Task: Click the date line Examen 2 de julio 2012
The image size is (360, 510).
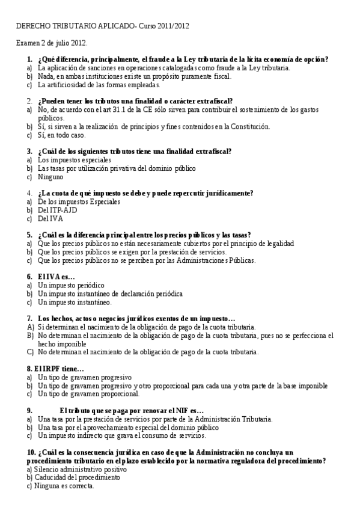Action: [x=52, y=44]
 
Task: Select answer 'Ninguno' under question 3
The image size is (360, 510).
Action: [x=50, y=177]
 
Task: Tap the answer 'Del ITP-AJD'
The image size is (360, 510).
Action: [x=58, y=210]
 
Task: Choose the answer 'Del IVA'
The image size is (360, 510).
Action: [x=50, y=218]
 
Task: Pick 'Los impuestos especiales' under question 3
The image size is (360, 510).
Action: [x=74, y=161]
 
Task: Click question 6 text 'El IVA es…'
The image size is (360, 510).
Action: [x=56, y=277]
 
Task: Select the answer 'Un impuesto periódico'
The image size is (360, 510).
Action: [x=71, y=285]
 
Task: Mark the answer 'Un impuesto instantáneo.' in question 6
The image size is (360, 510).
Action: [x=75, y=302]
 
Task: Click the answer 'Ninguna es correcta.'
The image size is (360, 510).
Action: [x=64, y=485]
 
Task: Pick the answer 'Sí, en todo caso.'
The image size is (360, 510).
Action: [x=61, y=135]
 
